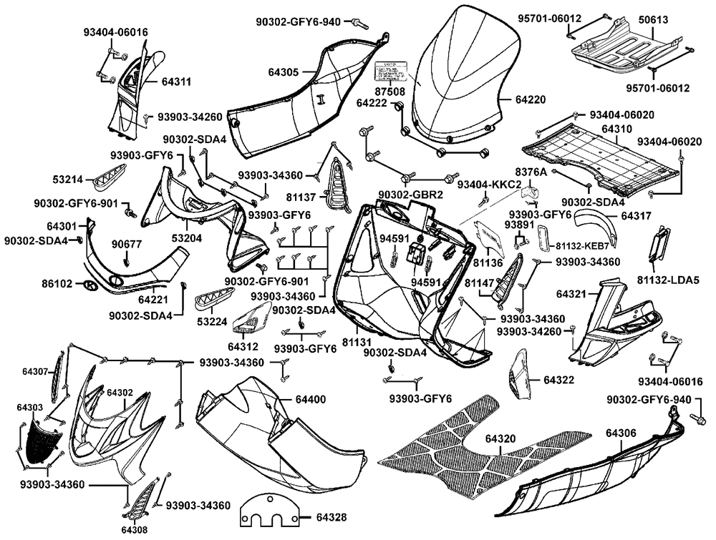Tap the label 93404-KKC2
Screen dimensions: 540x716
click(x=484, y=185)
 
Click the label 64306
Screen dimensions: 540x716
click(x=621, y=433)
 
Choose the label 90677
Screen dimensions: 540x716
click(x=127, y=245)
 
